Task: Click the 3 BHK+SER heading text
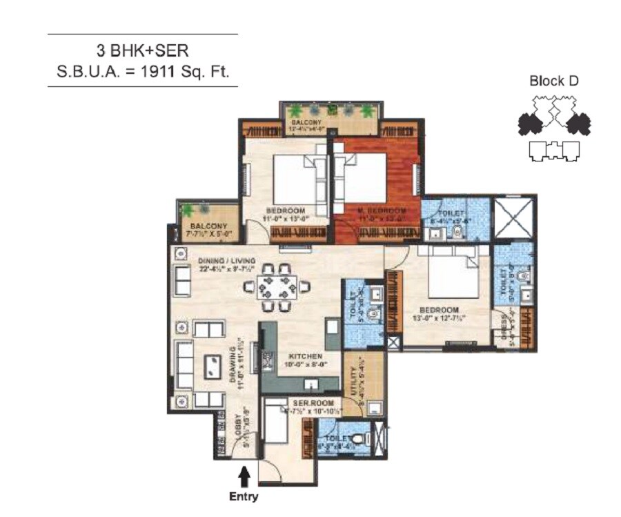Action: (x=142, y=50)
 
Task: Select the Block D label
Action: (x=553, y=81)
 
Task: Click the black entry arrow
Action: (x=244, y=477)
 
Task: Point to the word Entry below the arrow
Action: (x=244, y=496)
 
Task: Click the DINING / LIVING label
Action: (x=227, y=260)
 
